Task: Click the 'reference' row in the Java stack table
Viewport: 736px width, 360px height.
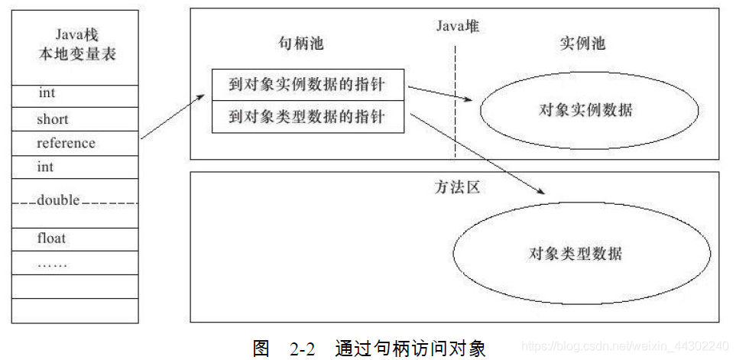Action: pos(66,144)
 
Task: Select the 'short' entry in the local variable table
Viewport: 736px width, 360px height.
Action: pos(53,119)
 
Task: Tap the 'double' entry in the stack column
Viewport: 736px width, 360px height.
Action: pos(58,200)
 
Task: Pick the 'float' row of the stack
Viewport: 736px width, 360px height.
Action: pos(52,238)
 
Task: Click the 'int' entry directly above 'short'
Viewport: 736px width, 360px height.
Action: pos(47,94)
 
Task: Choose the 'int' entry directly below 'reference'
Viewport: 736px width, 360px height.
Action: pos(46,167)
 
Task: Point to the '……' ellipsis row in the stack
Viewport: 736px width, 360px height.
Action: pos(53,264)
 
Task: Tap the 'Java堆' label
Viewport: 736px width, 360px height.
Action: pos(458,27)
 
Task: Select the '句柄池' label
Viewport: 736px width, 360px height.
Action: pos(301,44)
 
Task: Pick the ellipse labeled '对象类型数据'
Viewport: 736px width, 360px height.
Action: pos(575,253)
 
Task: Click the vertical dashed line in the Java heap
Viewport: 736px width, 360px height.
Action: pos(456,99)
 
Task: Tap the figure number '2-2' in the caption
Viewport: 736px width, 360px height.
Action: pos(303,349)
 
